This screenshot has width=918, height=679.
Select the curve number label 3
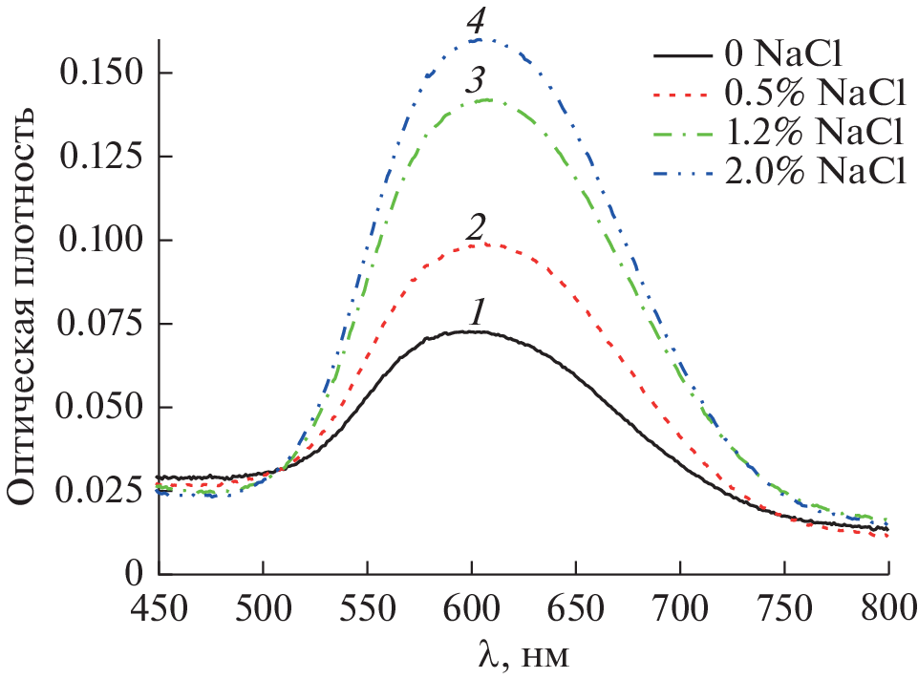pyautogui.click(x=474, y=80)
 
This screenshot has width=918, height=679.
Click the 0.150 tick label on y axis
pyautogui.click(x=100, y=72)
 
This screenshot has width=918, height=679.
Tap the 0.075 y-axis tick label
pyautogui.click(x=100, y=323)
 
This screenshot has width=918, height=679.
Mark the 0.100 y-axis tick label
pyautogui.click(x=100, y=240)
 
